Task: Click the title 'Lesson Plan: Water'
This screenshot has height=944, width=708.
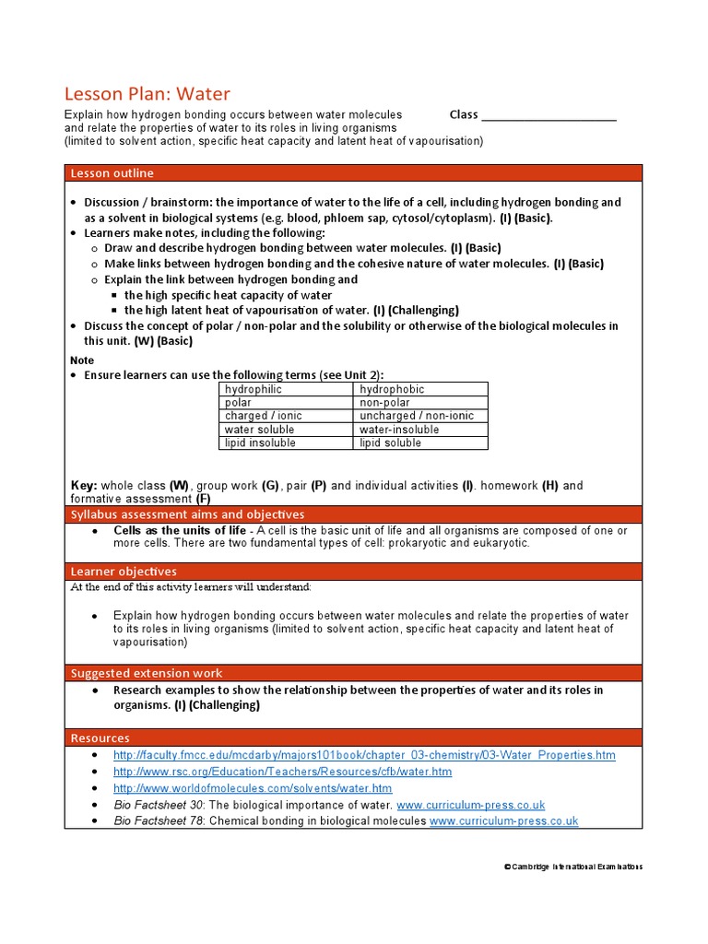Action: coord(147,93)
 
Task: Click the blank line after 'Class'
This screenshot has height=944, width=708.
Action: coord(549,116)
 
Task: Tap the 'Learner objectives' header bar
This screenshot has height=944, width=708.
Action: coord(124,572)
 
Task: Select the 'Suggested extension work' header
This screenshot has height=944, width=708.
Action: coord(147,673)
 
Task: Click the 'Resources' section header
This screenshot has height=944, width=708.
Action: coord(100,737)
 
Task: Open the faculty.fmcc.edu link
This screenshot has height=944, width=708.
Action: coord(364,755)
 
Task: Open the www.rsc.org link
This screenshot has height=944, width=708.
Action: coord(282,772)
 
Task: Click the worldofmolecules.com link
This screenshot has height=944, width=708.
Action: coord(252,788)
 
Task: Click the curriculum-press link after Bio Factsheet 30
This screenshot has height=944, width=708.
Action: coord(470,805)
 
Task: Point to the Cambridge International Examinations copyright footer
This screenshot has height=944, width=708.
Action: coord(573,867)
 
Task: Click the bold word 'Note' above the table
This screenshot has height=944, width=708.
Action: coord(82,360)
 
